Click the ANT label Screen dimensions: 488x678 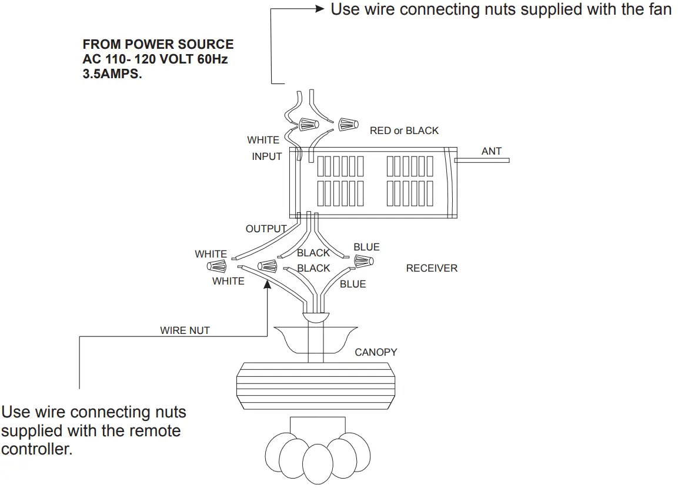[x=492, y=151]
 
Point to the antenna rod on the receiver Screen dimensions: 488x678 [x=482, y=160]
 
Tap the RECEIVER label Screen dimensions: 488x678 [x=432, y=268]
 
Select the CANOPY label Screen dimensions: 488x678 [x=376, y=352]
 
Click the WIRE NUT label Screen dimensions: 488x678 [x=185, y=330]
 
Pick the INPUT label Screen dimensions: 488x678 [x=267, y=156]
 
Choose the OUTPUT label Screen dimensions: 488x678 [x=266, y=229]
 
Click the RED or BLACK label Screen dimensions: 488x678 [x=404, y=131]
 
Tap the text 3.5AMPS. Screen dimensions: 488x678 [x=112, y=75]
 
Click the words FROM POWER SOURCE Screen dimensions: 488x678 [x=158, y=45]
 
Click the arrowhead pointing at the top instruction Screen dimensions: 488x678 [x=320, y=9]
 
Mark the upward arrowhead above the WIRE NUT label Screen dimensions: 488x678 [x=268, y=284]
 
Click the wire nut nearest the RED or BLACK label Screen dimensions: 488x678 [x=348, y=124]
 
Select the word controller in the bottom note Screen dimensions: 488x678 [x=36, y=450]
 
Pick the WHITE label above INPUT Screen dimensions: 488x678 [x=263, y=140]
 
